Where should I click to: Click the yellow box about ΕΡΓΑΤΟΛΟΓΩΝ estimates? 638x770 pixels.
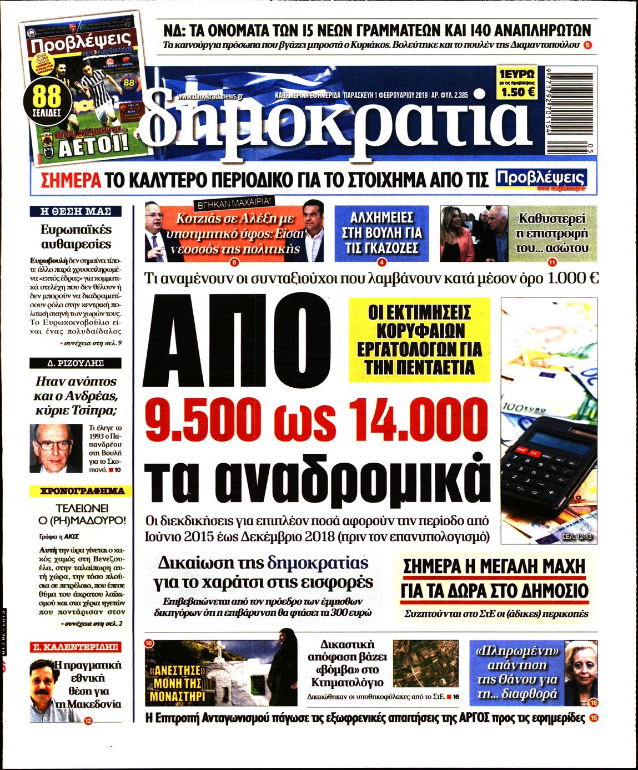pos(419,340)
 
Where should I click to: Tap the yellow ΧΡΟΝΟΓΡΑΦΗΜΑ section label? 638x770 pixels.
pos(77,491)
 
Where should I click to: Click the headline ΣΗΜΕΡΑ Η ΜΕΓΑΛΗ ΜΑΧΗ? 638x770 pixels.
pos(494,567)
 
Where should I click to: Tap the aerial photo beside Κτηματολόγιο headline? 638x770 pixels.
pos(426,663)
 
